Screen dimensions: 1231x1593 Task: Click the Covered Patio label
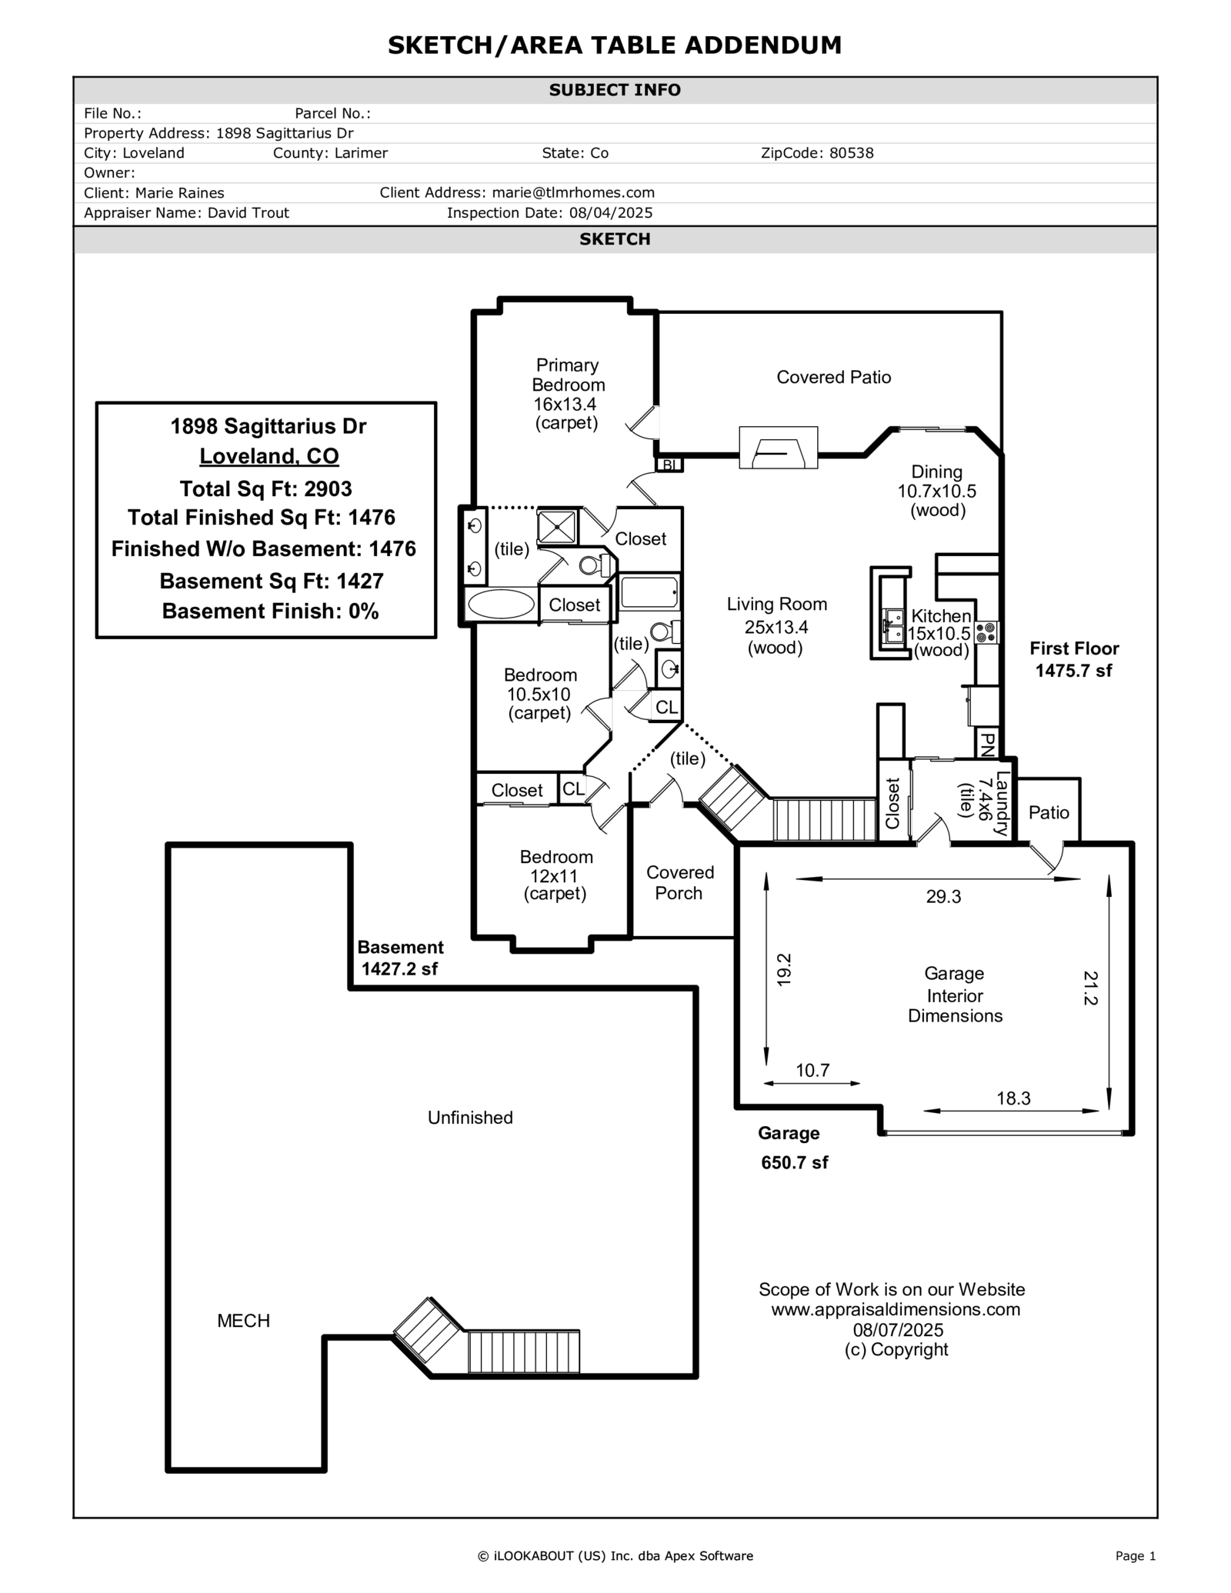point(833,377)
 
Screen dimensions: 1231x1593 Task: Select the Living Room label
point(777,605)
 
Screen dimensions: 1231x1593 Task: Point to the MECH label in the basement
point(243,1321)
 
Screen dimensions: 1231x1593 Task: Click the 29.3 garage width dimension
point(943,897)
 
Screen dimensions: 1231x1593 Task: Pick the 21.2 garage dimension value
point(1090,988)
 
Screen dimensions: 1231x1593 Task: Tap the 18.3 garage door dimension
point(1013,1098)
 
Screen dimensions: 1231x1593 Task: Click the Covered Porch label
point(679,883)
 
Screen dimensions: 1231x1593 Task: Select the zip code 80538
point(851,153)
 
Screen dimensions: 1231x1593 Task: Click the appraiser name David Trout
point(249,213)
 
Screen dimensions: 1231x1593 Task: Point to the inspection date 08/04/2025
point(611,213)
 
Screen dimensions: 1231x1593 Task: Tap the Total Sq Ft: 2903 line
point(266,489)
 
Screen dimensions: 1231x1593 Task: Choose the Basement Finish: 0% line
point(270,612)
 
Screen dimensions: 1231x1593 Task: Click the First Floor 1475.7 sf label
point(1073,660)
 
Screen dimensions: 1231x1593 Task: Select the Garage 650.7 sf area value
point(794,1162)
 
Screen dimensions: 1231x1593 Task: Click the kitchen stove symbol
point(986,632)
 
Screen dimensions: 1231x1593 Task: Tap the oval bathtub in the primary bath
point(501,604)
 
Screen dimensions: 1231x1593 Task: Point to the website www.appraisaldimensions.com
point(896,1309)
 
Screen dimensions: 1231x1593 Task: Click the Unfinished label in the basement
point(470,1118)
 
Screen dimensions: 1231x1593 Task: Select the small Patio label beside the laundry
point(1049,812)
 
